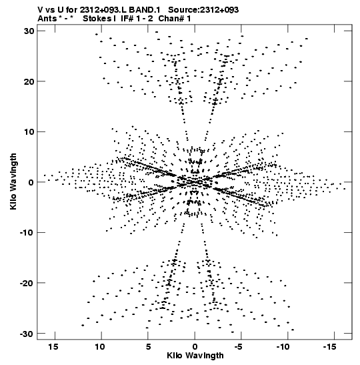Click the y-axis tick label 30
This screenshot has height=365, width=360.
click(x=29, y=31)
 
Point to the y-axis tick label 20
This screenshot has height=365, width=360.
click(x=29, y=81)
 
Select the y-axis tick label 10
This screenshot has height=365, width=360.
click(x=29, y=131)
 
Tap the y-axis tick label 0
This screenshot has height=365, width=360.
click(x=31, y=182)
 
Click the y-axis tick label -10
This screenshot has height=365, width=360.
click(x=27, y=233)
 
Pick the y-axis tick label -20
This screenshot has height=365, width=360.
click(x=27, y=283)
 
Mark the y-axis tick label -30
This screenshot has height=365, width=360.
click(x=27, y=334)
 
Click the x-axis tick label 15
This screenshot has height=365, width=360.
click(x=53, y=346)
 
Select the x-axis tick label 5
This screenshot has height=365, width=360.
click(x=149, y=346)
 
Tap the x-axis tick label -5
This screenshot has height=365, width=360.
click(x=239, y=346)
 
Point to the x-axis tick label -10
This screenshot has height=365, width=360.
click(x=283, y=346)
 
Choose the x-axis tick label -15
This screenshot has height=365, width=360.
click(x=330, y=346)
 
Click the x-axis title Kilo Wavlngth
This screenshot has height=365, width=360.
click(x=195, y=356)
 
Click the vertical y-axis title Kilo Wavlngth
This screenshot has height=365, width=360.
click(x=13, y=181)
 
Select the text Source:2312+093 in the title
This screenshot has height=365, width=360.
click(x=203, y=10)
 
